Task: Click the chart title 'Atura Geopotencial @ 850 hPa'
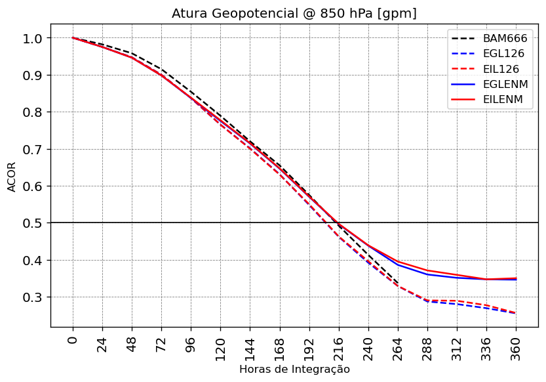click(294, 13)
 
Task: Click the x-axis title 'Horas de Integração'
click(294, 370)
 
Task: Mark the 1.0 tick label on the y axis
click(31, 38)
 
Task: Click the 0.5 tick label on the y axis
click(31, 223)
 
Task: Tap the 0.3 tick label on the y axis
click(31, 297)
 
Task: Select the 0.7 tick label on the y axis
click(31, 149)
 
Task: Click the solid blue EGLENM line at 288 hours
click(427, 274)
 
